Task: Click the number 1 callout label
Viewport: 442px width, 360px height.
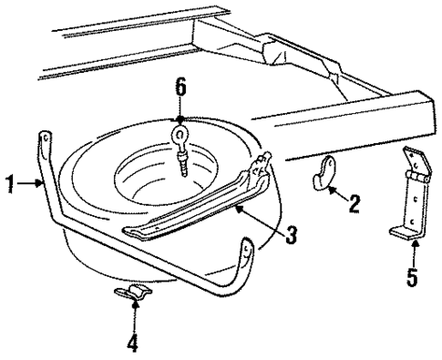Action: click(9, 184)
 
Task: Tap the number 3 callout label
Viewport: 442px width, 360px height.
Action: click(291, 235)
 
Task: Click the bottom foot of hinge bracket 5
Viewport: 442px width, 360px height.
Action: click(406, 234)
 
